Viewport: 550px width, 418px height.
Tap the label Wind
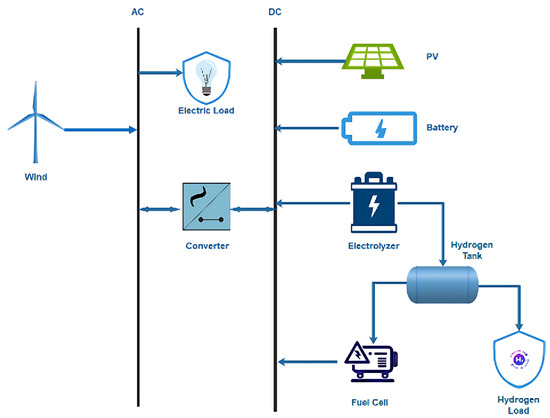[36, 178]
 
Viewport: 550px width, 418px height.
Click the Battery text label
[442, 128]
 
